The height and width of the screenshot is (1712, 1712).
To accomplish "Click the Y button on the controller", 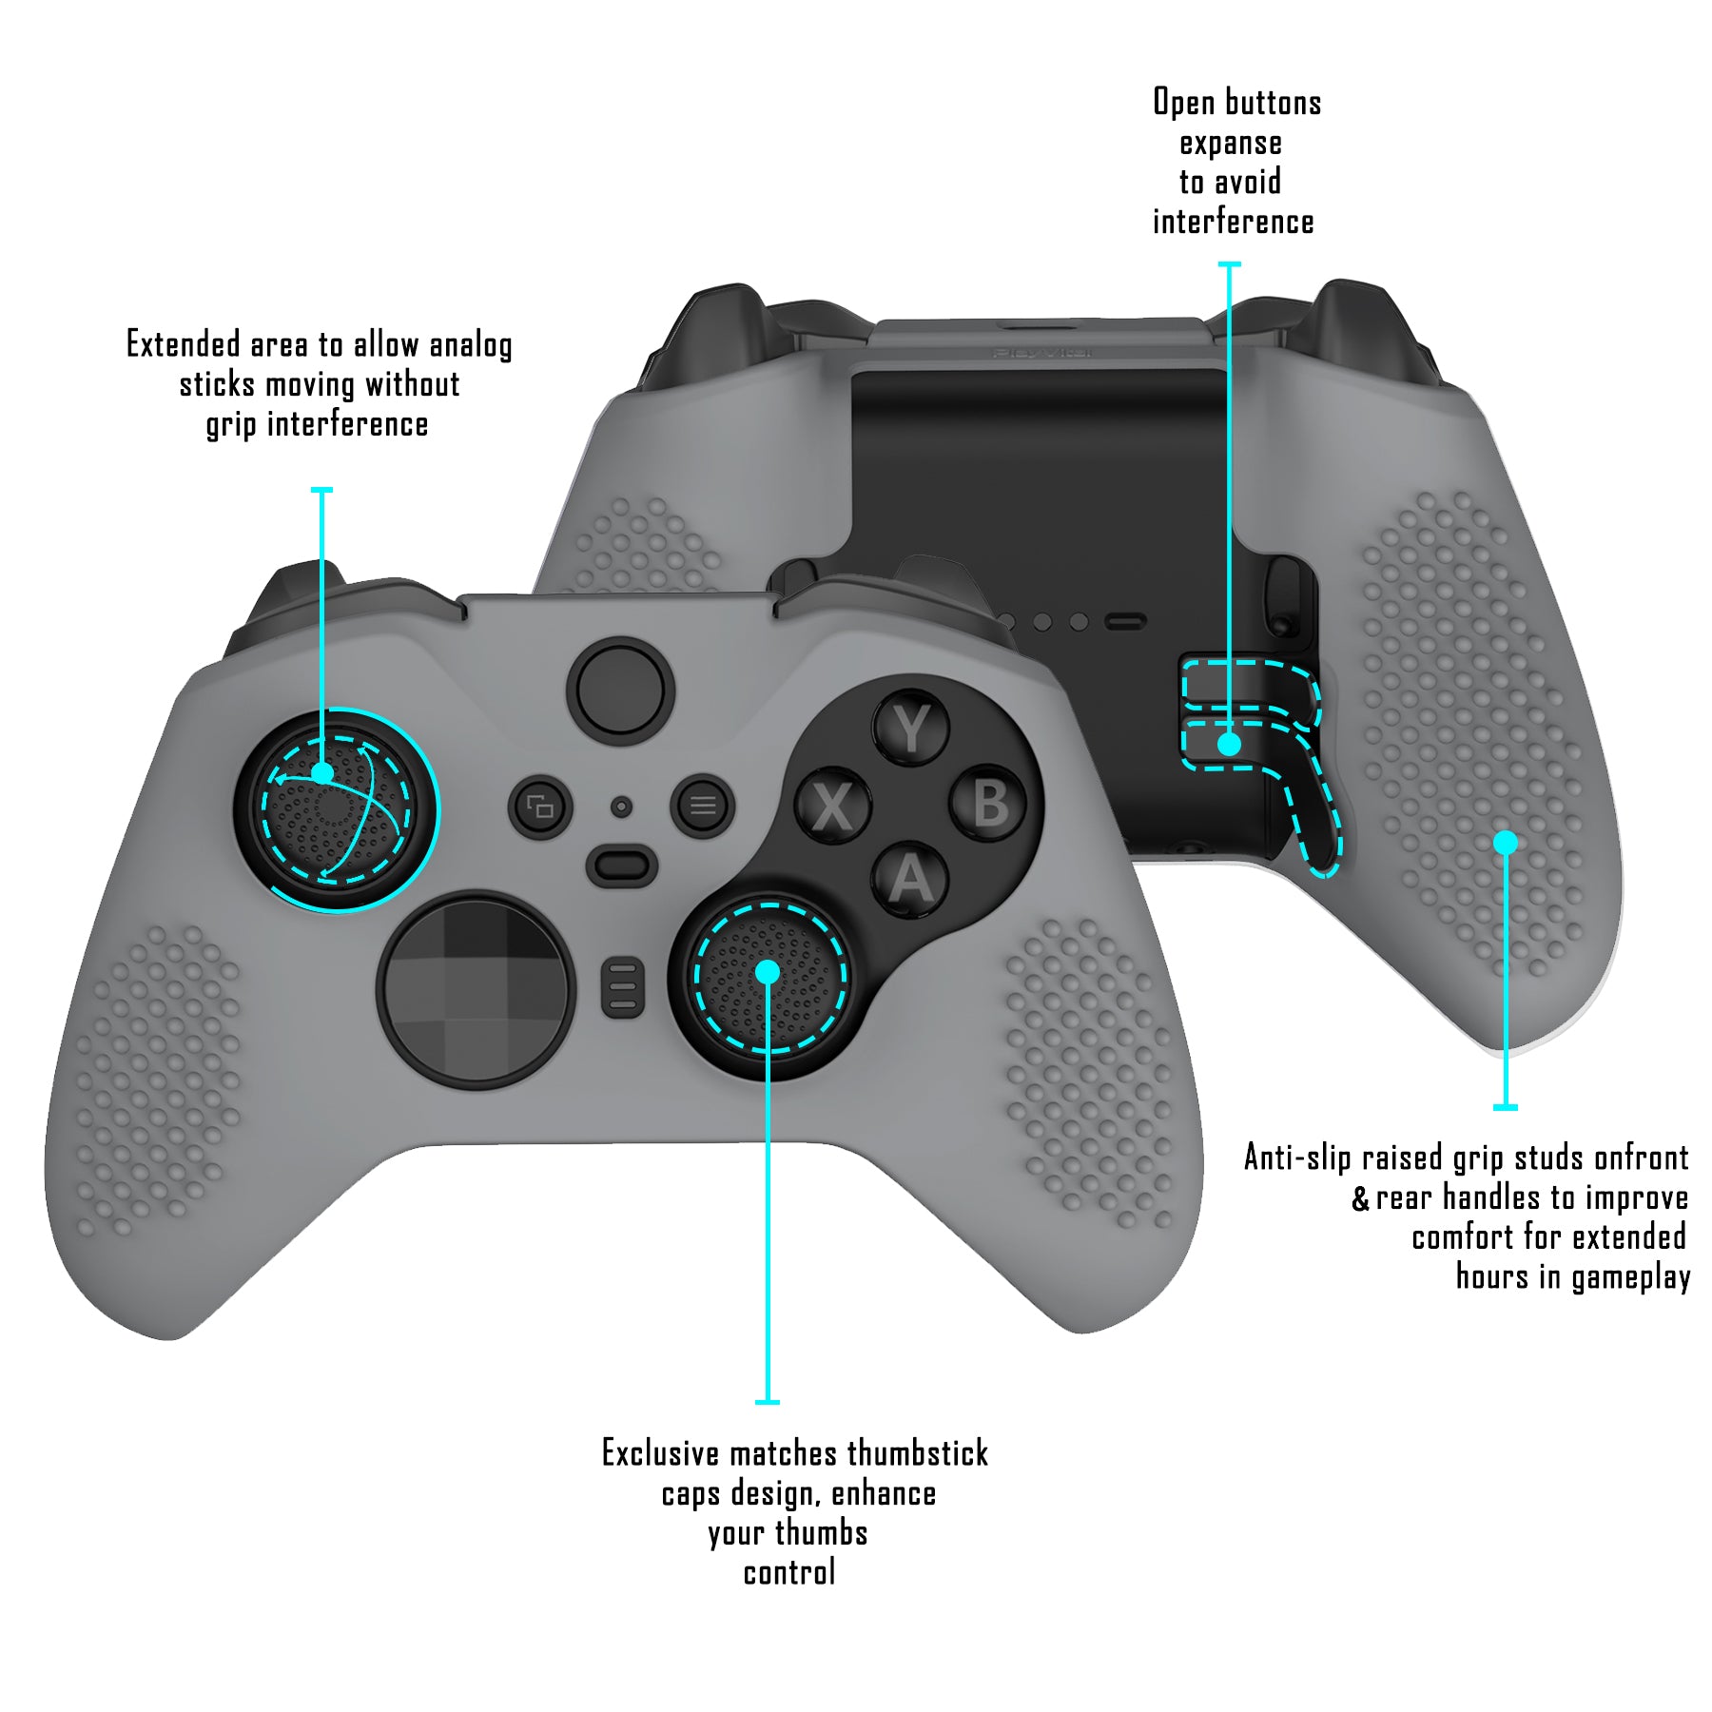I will pyautogui.click(x=911, y=730).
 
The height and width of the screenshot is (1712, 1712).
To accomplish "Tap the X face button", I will pyautogui.click(x=833, y=807).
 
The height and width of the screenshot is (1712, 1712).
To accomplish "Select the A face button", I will pyautogui.click(x=910, y=880).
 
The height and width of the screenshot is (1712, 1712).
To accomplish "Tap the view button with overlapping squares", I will pyautogui.click(x=540, y=807).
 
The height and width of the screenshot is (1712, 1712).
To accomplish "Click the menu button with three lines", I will pyautogui.click(x=703, y=806).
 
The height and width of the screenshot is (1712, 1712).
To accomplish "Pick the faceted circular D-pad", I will pyautogui.click(x=477, y=989).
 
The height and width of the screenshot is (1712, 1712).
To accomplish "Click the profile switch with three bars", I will pyautogui.click(x=622, y=987).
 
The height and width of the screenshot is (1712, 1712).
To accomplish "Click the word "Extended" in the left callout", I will pyautogui.click(x=184, y=344).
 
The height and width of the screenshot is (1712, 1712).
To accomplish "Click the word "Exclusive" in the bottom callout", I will pyautogui.click(x=660, y=1453).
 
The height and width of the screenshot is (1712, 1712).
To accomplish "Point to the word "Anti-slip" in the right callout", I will pyautogui.click(x=1297, y=1158).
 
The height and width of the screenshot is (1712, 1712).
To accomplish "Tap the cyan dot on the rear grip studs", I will pyautogui.click(x=1505, y=842).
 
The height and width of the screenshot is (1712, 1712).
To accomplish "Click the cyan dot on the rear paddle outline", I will pyautogui.click(x=1229, y=744).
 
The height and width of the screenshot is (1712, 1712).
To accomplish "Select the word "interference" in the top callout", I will pyautogui.click(x=1233, y=223).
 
